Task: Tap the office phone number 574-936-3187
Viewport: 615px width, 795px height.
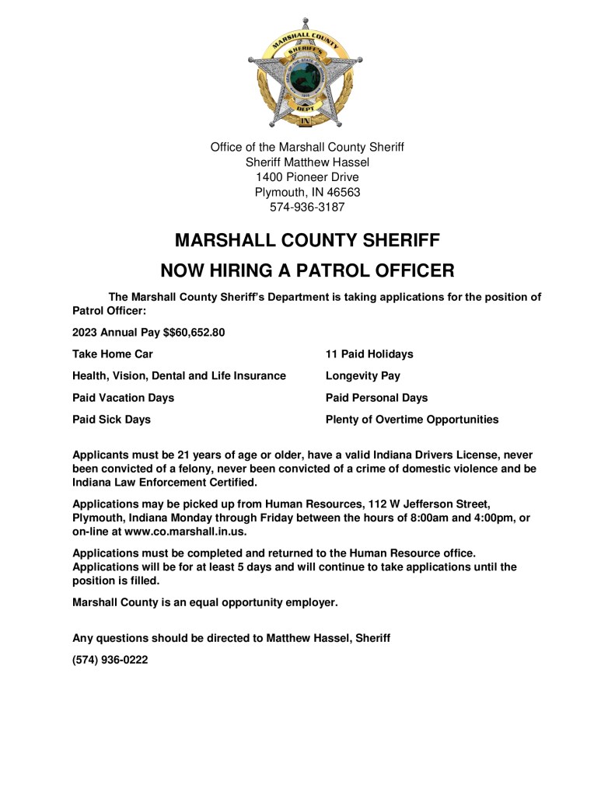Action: pyautogui.click(x=307, y=207)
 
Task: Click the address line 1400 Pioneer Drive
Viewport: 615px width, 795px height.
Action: pyautogui.click(x=307, y=177)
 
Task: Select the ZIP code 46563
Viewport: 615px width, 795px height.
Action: pyautogui.click(x=342, y=192)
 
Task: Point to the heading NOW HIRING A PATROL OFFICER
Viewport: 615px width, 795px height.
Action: pyautogui.click(x=307, y=270)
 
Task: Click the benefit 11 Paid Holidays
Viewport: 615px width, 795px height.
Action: pyautogui.click(x=369, y=354)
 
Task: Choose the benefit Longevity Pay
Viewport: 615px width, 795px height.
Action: pyautogui.click(x=363, y=376)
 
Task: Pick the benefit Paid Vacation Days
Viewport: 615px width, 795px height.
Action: pyautogui.click(x=123, y=398)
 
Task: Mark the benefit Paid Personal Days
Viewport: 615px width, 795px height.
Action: pyautogui.click(x=376, y=398)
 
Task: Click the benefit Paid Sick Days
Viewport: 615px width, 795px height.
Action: pyautogui.click(x=111, y=420)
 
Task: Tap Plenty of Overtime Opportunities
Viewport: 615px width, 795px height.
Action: pyautogui.click(x=412, y=420)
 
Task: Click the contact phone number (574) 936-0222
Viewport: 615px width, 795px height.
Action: pyautogui.click(x=110, y=660)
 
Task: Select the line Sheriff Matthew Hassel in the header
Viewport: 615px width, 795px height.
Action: pyautogui.click(x=307, y=162)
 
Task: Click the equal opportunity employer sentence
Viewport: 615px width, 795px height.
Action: pyautogui.click(x=205, y=602)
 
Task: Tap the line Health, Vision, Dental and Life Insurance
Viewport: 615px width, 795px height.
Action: pyautogui.click(x=179, y=376)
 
